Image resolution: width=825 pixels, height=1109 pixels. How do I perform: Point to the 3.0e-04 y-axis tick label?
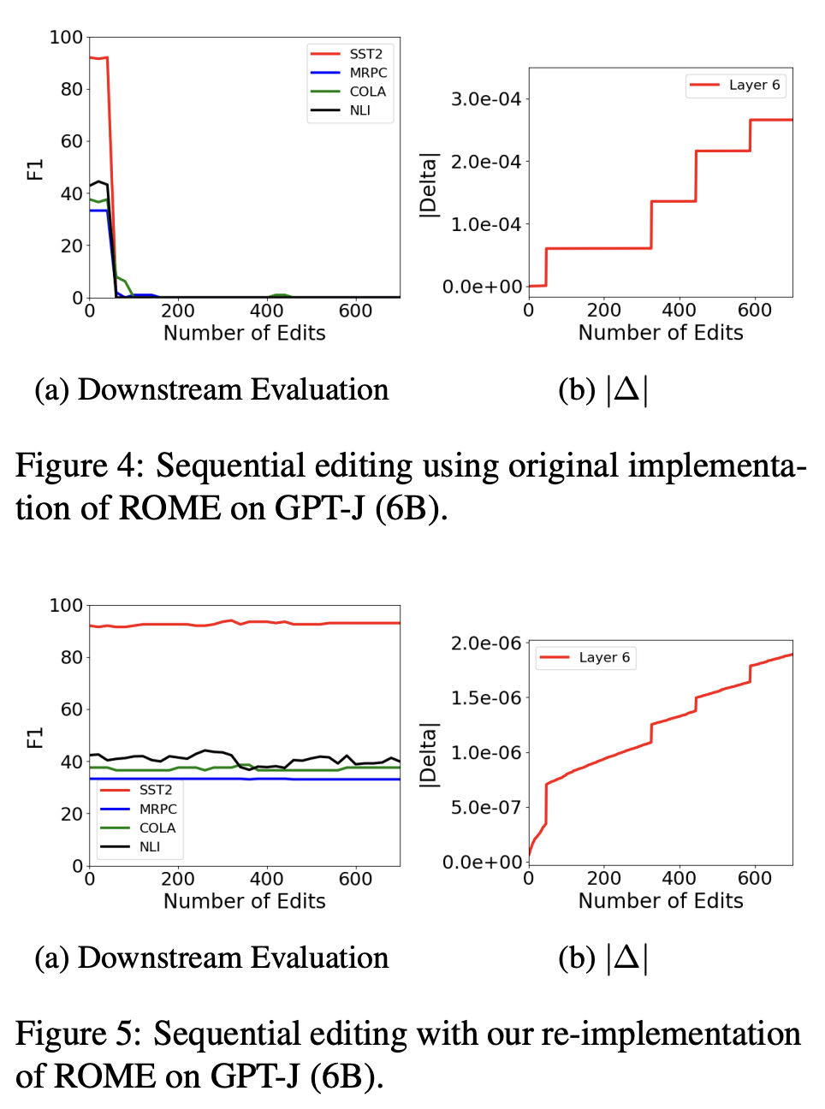pyautogui.click(x=485, y=99)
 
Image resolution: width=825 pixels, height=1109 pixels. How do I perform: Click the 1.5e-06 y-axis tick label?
pyautogui.click(x=485, y=698)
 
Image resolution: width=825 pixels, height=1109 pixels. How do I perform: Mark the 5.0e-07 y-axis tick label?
pyautogui.click(x=485, y=807)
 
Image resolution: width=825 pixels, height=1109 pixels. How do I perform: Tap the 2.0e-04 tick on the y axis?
pyautogui.click(x=485, y=162)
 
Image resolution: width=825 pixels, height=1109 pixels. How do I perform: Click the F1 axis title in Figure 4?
pyautogui.click(x=35, y=169)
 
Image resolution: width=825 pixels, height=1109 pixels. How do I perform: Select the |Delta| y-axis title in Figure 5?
pyautogui.click(x=427, y=754)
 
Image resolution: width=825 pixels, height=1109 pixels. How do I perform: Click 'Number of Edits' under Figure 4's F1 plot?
pyautogui.click(x=244, y=333)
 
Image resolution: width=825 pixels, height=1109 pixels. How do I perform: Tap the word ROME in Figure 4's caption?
pyautogui.click(x=169, y=508)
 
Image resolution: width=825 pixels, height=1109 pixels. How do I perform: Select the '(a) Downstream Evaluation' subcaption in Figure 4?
pyautogui.click(x=211, y=390)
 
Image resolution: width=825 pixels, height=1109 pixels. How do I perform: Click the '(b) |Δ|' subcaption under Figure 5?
pyautogui.click(x=603, y=958)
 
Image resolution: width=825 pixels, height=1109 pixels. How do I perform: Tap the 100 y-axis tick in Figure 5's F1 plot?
pyautogui.click(x=66, y=606)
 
